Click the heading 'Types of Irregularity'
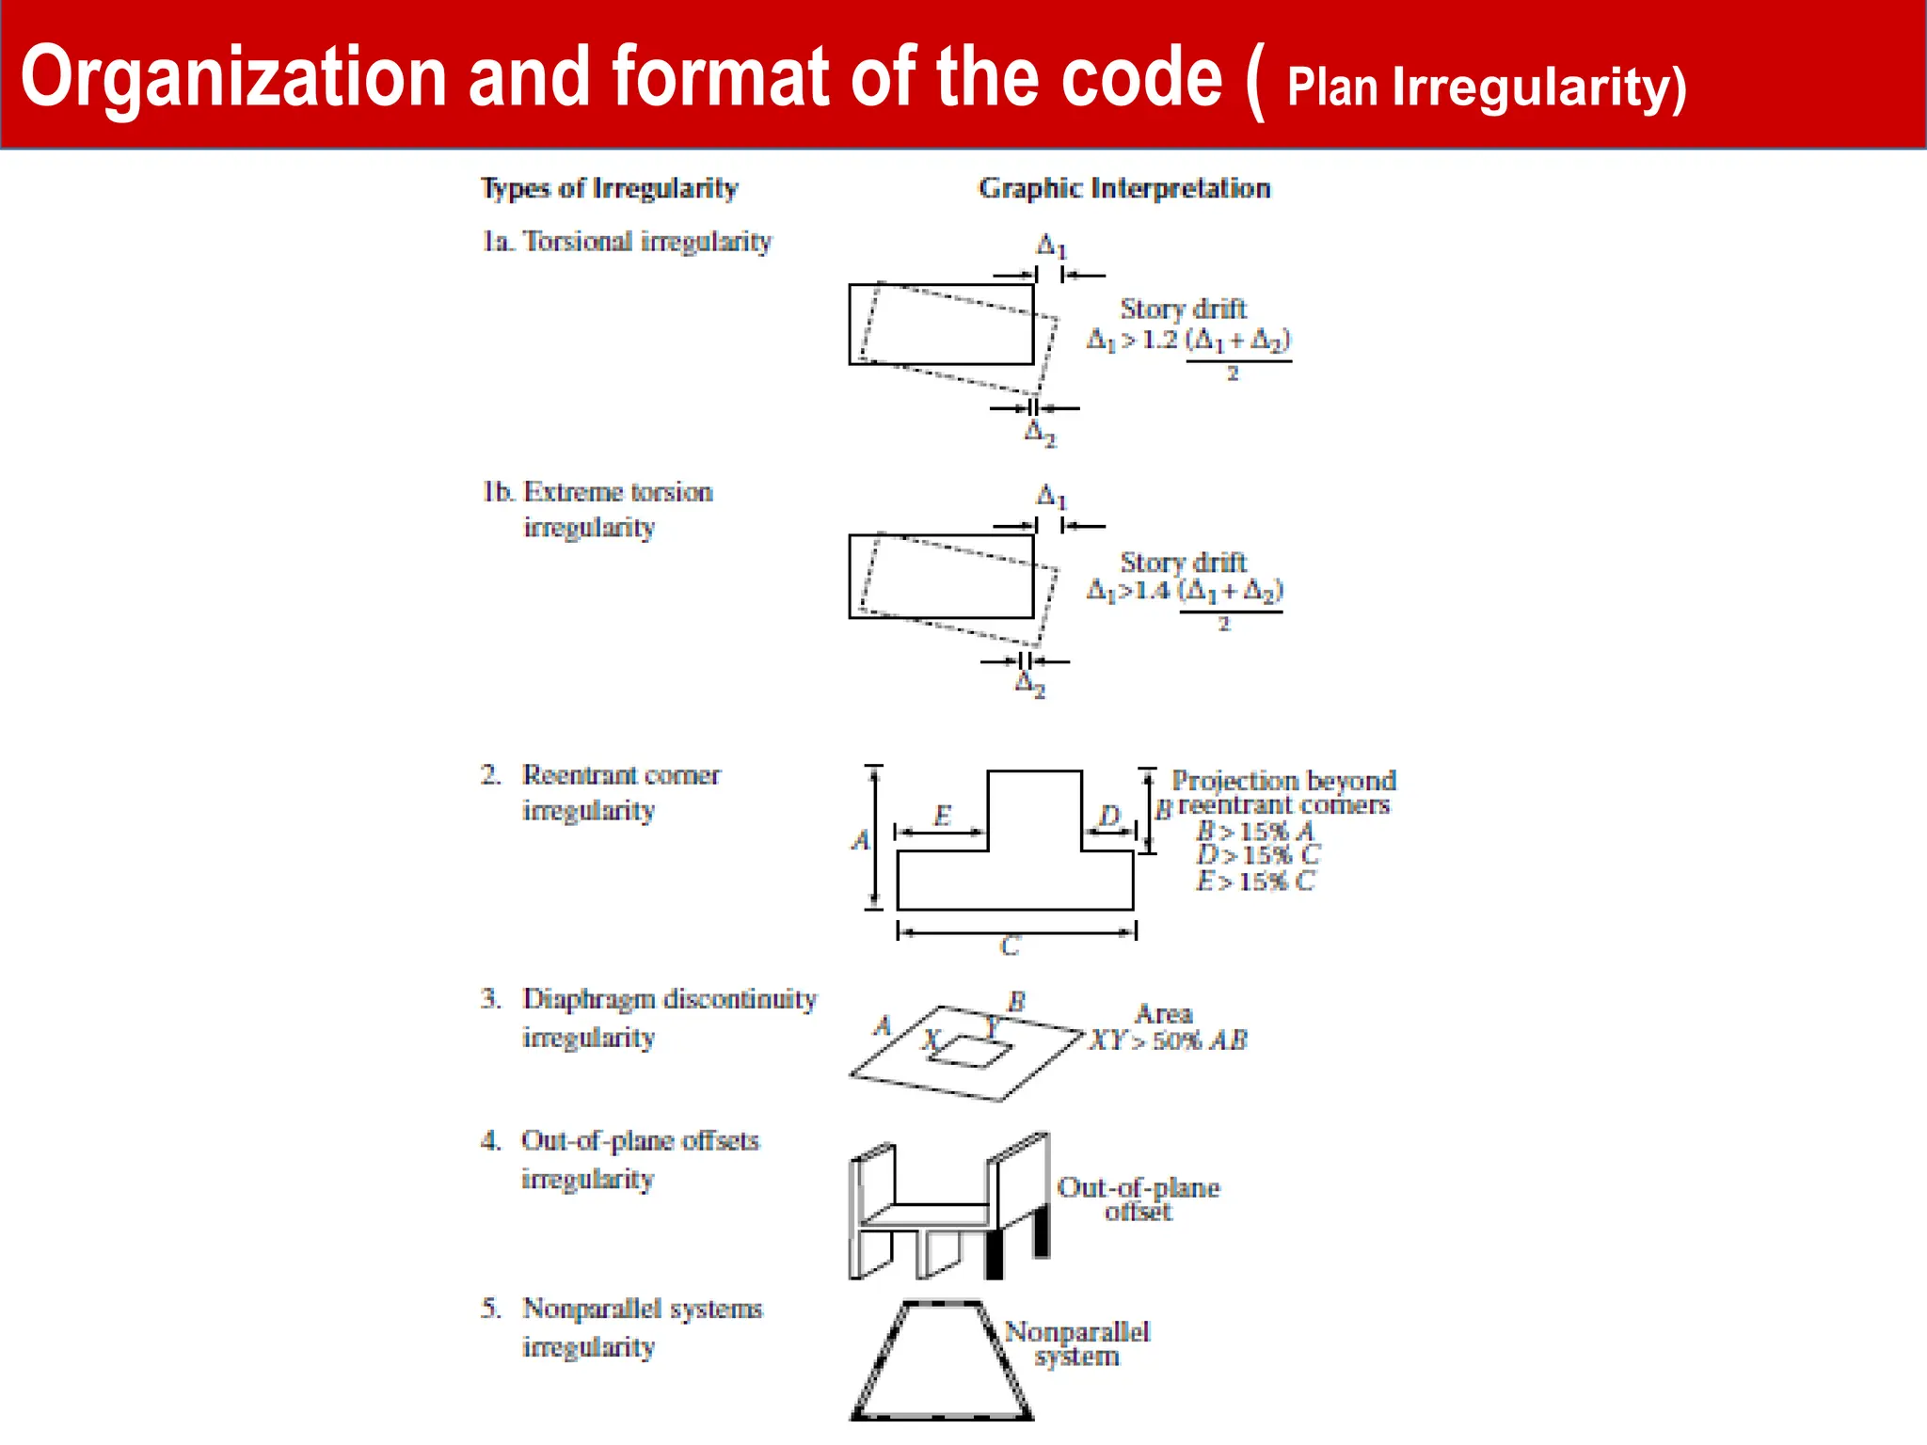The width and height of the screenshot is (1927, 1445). (x=610, y=188)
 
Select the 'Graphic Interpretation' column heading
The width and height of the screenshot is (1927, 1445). (x=1124, y=188)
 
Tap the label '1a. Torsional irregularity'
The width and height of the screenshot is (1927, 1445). (x=627, y=242)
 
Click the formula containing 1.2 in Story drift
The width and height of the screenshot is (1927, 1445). (x=1189, y=341)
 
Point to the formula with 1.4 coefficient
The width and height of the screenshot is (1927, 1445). (x=1185, y=592)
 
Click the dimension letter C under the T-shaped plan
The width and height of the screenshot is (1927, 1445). (x=1010, y=946)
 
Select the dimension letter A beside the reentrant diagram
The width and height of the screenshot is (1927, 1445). (x=860, y=840)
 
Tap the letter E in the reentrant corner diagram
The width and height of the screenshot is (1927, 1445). (x=942, y=816)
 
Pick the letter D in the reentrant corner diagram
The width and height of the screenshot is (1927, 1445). (x=1110, y=816)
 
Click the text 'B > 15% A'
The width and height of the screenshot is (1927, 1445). (x=1254, y=832)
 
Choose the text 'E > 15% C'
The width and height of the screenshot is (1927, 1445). (x=1254, y=881)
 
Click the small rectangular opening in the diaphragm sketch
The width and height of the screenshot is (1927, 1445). (x=972, y=1052)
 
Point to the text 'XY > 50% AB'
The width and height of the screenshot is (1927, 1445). (x=1169, y=1040)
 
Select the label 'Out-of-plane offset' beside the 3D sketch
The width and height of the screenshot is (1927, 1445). (x=1139, y=1199)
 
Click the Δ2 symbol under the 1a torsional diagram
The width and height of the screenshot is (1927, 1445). (x=1040, y=434)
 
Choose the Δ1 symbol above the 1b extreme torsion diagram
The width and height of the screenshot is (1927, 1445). (x=1051, y=496)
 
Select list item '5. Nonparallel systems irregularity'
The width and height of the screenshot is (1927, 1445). (x=621, y=1327)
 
